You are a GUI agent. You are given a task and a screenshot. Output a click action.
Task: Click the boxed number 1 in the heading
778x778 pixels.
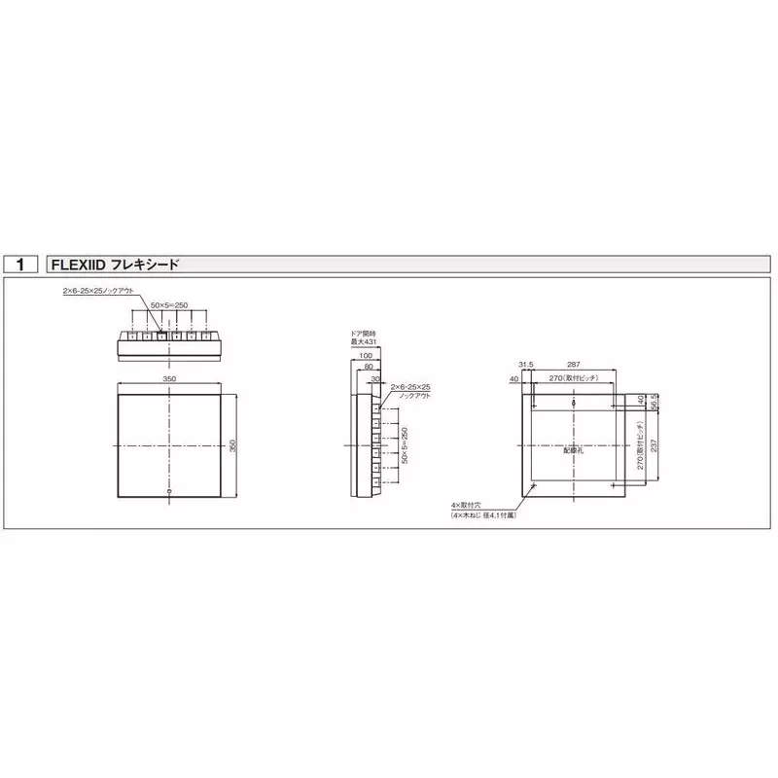coord(20,265)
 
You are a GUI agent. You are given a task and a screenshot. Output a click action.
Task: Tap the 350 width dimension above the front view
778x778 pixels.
coord(170,378)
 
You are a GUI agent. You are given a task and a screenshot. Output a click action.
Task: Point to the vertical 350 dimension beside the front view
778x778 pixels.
coord(233,445)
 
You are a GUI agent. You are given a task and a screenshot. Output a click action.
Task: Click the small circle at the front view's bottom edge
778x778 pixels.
coord(170,491)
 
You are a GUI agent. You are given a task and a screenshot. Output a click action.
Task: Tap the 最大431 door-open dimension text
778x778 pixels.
coord(363,342)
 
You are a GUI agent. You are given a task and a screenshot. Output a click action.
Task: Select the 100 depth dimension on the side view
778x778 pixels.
coord(366,356)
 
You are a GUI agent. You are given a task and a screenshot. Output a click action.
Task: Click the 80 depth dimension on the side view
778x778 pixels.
coord(369,368)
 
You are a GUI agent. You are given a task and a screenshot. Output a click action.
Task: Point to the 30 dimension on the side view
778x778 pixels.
coord(375,379)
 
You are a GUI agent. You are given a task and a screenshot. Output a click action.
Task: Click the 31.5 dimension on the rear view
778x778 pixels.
coord(526,366)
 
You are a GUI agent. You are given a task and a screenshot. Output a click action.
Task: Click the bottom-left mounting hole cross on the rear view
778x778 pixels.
coord(534,485)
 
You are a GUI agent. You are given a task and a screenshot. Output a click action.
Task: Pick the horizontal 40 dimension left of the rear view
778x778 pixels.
coord(515,379)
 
